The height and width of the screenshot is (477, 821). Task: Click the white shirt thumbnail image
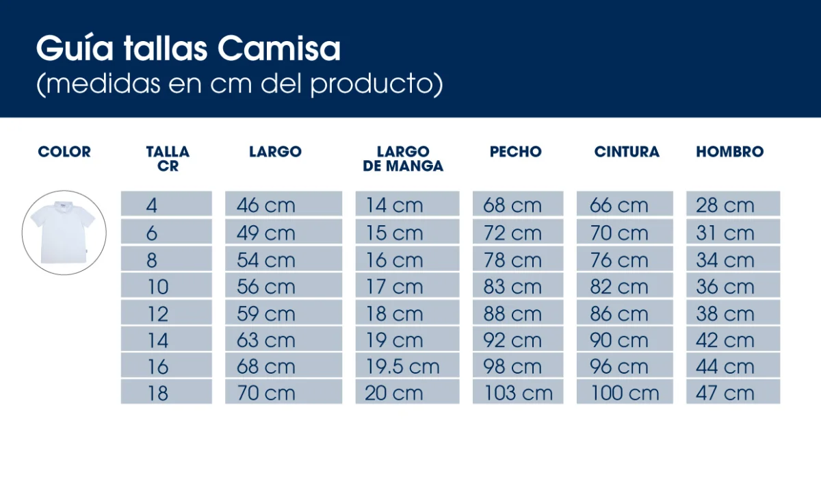(x=64, y=233)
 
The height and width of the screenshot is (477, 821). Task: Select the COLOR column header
(x=64, y=152)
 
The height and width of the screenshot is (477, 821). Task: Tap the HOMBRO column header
(x=729, y=152)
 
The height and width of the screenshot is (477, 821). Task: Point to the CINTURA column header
(x=627, y=152)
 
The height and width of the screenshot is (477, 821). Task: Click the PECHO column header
(x=515, y=152)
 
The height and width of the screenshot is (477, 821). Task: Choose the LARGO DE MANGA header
(x=403, y=159)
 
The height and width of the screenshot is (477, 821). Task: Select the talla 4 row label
(x=151, y=205)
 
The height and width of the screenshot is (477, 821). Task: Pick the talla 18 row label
(x=157, y=394)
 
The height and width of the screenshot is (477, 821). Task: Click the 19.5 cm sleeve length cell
(x=402, y=367)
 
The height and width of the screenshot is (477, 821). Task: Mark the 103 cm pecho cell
(x=518, y=394)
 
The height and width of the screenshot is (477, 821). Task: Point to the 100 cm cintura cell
(x=624, y=394)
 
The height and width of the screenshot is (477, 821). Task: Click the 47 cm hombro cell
(x=725, y=394)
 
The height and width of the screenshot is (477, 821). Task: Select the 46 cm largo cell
(x=265, y=205)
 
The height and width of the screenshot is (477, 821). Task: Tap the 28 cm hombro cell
(x=725, y=205)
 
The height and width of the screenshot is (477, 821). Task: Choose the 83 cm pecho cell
(x=512, y=287)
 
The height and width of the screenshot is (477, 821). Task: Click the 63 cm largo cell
(x=265, y=340)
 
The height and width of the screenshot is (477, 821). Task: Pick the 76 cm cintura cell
(x=618, y=261)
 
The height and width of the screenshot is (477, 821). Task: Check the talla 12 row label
(x=157, y=314)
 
